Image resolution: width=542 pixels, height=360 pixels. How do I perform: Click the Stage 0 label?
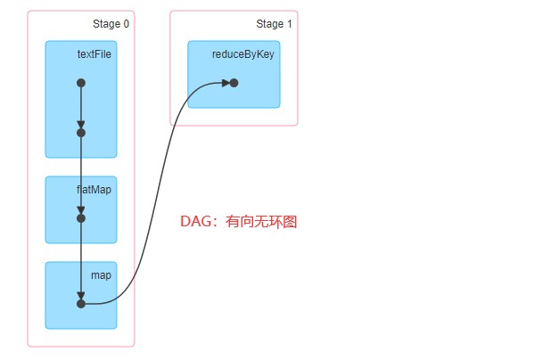(111, 24)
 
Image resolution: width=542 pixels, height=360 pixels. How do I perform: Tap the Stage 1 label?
(275, 24)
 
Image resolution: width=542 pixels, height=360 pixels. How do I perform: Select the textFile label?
(94, 54)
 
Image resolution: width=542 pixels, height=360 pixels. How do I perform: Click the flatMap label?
(94, 190)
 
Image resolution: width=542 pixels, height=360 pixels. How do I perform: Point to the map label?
(101, 275)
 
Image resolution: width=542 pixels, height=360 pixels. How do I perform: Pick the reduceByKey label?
(242, 54)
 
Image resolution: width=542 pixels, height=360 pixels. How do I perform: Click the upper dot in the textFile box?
(81, 83)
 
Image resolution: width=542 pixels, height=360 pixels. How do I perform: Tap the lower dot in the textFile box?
(81, 133)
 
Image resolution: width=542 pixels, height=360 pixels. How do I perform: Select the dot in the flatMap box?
(81, 217)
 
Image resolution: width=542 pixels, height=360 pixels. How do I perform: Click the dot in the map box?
(81, 304)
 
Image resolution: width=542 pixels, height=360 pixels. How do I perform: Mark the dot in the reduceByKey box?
(234, 83)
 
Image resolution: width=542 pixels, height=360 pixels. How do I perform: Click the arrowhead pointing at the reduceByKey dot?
(226, 83)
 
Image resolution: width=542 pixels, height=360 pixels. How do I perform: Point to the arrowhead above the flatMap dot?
(81, 209)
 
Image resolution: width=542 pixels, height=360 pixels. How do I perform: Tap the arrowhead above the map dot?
(81, 296)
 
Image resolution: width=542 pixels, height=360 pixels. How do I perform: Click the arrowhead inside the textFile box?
(81, 125)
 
